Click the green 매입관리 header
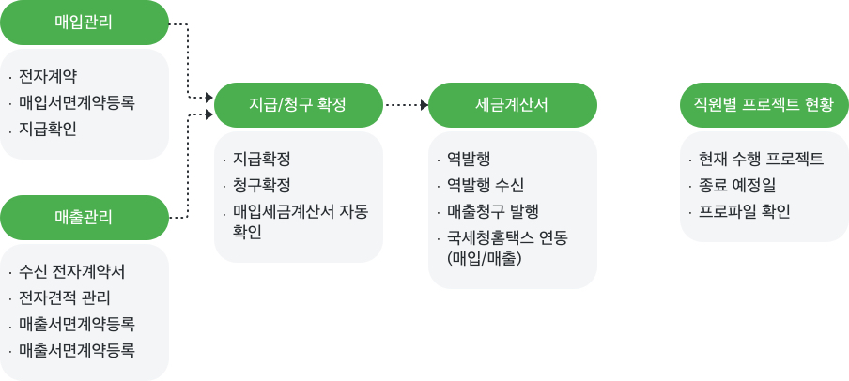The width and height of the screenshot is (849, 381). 84,23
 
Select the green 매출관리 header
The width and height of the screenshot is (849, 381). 84,218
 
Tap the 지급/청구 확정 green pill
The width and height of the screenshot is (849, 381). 299,105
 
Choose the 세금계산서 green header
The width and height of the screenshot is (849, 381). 512,105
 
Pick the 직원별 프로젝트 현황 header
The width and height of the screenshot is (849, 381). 764,105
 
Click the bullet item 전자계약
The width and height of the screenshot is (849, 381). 48,76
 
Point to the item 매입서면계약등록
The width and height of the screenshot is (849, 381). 77,102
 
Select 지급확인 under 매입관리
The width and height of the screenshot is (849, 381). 48,129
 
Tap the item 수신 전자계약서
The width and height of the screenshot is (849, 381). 72,272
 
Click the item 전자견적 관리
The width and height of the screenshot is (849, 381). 65,297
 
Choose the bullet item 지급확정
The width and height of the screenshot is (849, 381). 262,160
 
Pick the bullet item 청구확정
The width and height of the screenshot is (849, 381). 262,186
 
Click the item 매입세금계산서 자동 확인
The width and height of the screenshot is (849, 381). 301,221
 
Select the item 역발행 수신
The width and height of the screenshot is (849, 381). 486,186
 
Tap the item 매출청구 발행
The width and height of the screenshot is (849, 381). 493,211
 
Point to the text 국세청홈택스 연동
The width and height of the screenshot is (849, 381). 507,238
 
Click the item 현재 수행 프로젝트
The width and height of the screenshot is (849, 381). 762,160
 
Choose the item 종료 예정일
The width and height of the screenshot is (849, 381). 737,186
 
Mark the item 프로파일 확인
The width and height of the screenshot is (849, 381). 745,211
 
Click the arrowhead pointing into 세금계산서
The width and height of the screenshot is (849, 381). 425,105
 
